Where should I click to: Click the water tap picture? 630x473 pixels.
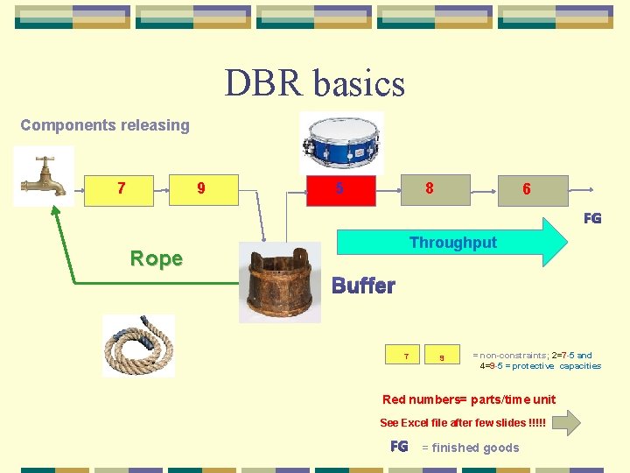pos(43,176)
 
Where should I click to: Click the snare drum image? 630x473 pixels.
pos(341,141)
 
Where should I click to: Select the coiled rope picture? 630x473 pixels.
pos(138,345)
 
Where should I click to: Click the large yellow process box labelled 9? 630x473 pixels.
pos(202,188)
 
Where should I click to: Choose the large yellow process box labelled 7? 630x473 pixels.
pos(120,188)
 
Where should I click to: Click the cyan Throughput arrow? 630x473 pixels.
pos(451,243)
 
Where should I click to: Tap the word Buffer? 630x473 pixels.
pos(363,286)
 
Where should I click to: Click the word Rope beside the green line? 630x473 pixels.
pos(156,258)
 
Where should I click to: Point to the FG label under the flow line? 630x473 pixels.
pos(592,218)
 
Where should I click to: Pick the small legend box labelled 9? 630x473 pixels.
pos(442,356)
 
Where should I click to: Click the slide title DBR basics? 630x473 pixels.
pos(315,83)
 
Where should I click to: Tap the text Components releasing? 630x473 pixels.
pos(105,125)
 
